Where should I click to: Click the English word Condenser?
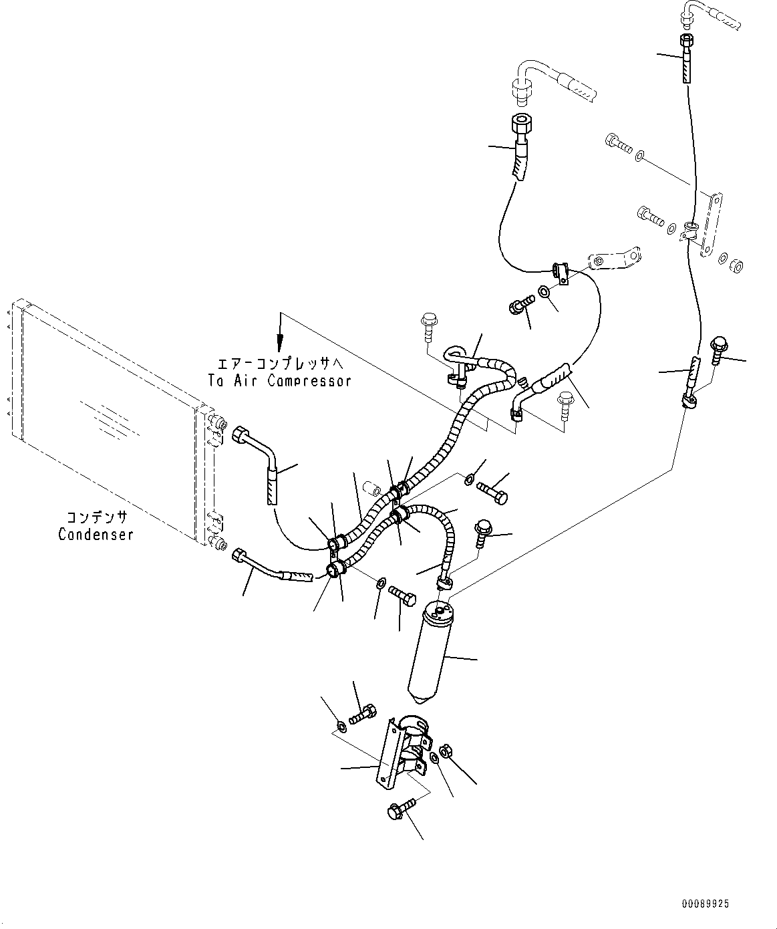(x=96, y=534)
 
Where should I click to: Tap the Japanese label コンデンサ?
(x=96, y=518)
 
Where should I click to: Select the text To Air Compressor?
(x=285, y=380)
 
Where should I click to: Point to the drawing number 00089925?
(x=706, y=904)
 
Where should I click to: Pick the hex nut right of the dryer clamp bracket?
(x=448, y=752)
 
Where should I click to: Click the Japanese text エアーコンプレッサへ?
(x=281, y=364)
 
